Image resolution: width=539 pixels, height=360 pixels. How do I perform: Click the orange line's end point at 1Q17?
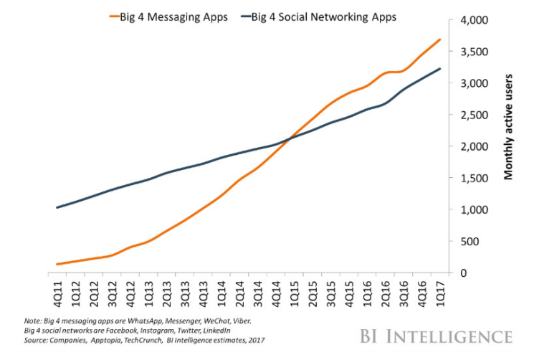coord(439,39)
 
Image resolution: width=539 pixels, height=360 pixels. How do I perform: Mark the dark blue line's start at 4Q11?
coord(57,207)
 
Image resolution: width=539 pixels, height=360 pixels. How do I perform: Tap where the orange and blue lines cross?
coord(290,139)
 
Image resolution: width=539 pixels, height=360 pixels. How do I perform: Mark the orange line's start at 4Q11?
coord(57,264)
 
